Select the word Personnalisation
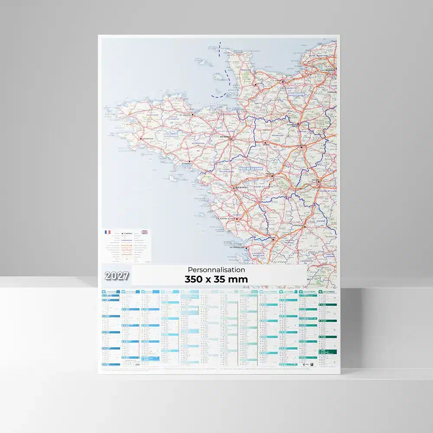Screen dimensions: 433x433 (x=216, y=270)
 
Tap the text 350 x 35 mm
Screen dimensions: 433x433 (x=216, y=279)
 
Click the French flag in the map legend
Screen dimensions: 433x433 (x=107, y=232)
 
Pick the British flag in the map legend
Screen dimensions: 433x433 (x=145, y=232)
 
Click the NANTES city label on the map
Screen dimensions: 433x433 (x=241, y=187)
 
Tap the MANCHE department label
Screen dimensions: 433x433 (x=246, y=69)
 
